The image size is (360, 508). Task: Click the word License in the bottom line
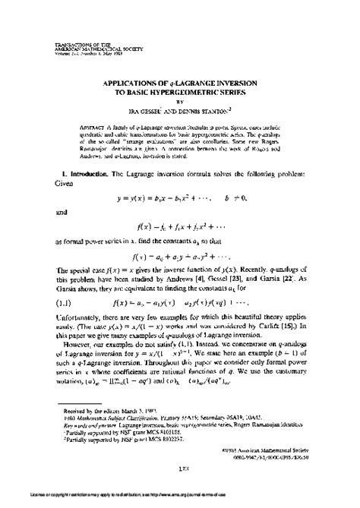[11, 501]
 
